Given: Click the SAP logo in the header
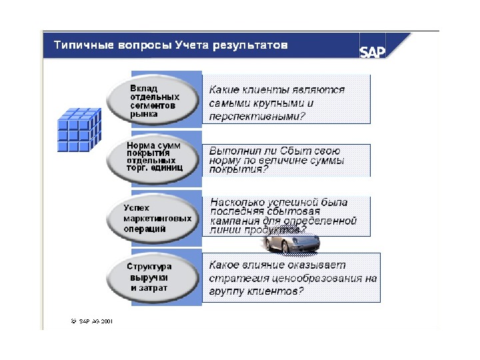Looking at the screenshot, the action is (373, 52).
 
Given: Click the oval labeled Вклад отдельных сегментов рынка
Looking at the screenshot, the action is (154, 101).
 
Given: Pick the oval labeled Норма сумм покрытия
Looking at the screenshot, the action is (154, 157).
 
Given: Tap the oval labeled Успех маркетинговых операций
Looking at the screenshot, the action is (154, 218).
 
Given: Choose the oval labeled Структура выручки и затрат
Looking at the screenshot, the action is (154, 277).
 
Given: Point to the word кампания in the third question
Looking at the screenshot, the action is (234, 221).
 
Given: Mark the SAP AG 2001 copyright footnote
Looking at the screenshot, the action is (91, 320).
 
